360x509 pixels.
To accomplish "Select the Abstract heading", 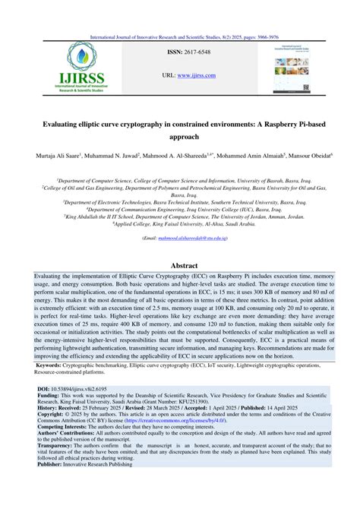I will tap(179, 266).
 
